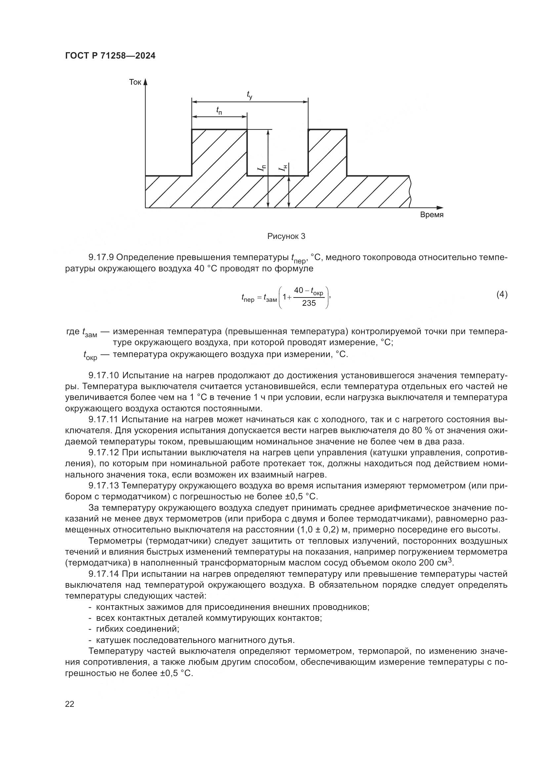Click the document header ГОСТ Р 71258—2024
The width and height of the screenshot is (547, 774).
coord(110,56)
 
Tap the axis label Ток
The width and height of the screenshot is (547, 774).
coord(135,82)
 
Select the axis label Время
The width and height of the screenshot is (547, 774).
coord(432,215)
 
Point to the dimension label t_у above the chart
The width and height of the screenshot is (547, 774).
coord(250,95)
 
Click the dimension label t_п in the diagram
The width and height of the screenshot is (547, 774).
coord(219,110)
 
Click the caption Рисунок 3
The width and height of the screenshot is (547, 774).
coord(286,236)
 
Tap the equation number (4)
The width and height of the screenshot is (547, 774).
coord(502,295)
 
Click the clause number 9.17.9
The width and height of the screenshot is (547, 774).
coord(101,257)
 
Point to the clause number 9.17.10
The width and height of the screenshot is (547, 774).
coord(104,376)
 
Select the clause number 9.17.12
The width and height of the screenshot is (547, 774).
coord(104,453)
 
